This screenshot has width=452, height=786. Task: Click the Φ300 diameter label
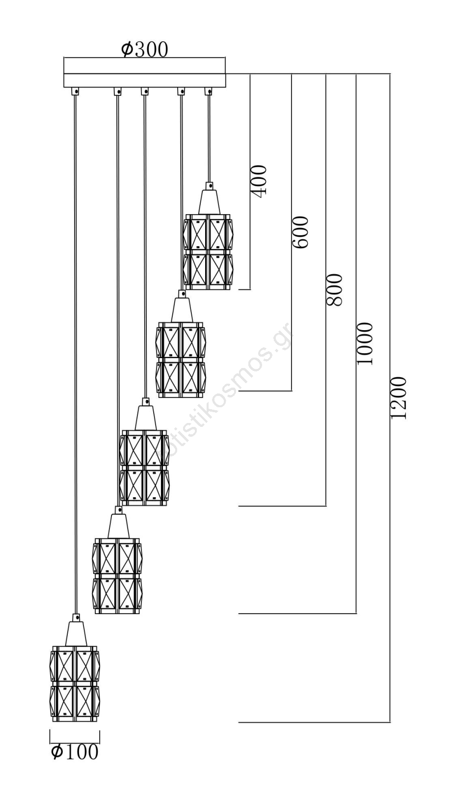coord(144,49)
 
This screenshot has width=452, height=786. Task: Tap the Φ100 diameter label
coord(75,752)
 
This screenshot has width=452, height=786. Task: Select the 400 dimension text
coord(260,181)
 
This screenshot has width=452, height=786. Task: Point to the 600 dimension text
coord(300,232)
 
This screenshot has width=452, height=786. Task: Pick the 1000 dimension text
coord(365,344)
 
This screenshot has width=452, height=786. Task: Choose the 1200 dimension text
coord(399,398)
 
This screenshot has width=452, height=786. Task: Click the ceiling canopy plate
coord(144,73)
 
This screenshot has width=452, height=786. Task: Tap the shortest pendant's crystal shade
coord(208,252)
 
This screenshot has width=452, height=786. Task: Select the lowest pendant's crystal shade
coord(75,684)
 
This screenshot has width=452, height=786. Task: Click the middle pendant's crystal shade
coord(144,468)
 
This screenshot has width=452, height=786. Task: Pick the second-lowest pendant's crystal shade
coord(117,576)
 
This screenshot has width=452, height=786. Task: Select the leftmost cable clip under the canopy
coord(75,91)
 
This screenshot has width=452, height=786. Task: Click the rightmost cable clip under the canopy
coord(209,91)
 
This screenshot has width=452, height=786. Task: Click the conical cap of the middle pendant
coord(145,418)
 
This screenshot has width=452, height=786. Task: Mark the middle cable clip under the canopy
coord(144,91)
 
